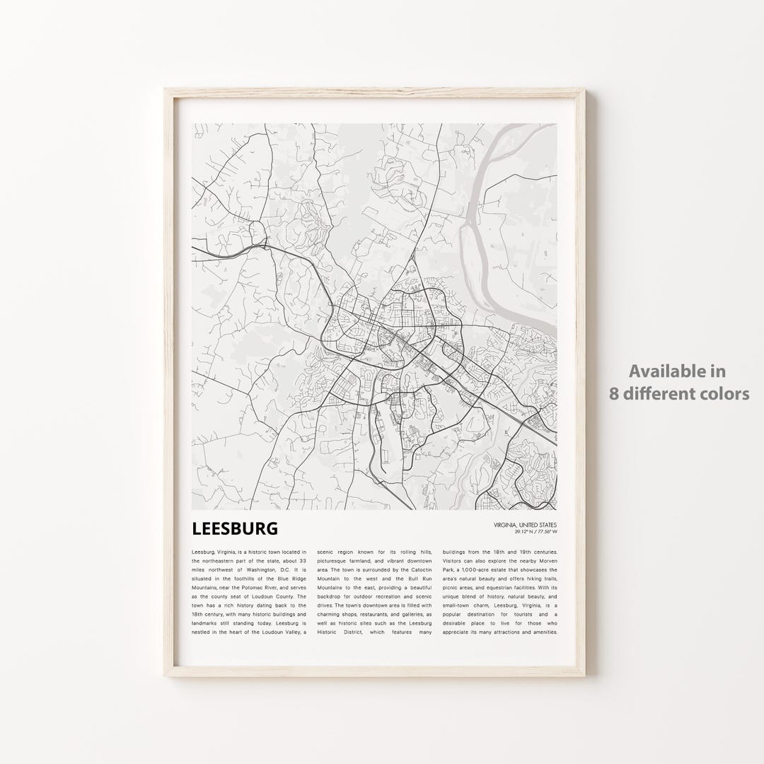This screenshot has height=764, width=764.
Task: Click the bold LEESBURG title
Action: (x=234, y=528)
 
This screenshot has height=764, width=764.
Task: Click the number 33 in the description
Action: (x=301, y=561)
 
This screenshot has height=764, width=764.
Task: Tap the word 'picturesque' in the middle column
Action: (x=333, y=561)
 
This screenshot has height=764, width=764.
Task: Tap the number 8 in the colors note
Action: (x=615, y=393)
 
